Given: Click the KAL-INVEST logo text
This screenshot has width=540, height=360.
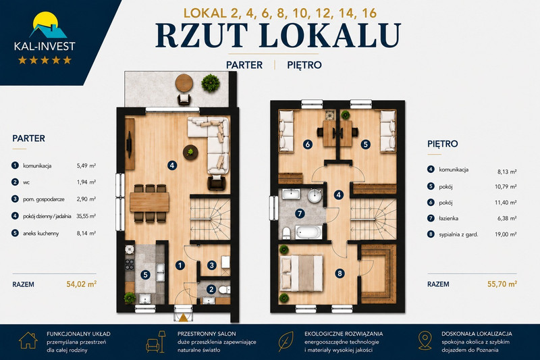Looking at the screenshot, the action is pyautogui.click(x=45, y=46).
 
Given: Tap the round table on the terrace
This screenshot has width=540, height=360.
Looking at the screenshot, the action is pyautogui.click(x=184, y=82).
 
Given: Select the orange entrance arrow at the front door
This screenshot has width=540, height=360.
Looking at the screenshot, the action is pyautogui.click(x=184, y=317).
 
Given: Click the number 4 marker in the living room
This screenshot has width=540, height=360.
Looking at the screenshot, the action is pyautogui.click(x=172, y=165).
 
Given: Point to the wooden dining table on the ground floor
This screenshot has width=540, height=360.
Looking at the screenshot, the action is pyautogui.click(x=149, y=202).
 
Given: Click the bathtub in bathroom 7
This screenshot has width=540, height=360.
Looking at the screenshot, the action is pyautogui.click(x=308, y=232).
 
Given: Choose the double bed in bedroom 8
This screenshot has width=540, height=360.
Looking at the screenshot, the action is pyautogui.click(x=302, y=273).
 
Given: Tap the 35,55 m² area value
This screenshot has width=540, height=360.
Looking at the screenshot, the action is pyautogui.click(x=86, y=216).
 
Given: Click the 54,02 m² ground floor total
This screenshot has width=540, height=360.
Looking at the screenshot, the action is pyautogui.click(x=81, y=284).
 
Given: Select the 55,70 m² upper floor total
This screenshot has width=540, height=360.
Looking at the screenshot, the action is pyautogui.click(x=502, y=284).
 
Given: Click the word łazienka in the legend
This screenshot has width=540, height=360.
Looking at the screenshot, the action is pyautogui.click(x=448, y=218).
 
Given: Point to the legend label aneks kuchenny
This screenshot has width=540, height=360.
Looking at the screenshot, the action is pyautogui.click(x=41, y=233).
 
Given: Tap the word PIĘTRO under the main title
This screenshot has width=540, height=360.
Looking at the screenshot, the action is pyautogui.click(x=304, y=65).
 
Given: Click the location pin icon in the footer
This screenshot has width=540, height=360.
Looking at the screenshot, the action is pyautogui.click(x=425, y=341).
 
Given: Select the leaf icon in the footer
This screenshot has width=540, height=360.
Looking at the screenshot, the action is pyautogui.click(x=286, y=341).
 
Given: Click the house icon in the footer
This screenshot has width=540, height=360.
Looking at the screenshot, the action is pyautogui.click(x=28, y=340).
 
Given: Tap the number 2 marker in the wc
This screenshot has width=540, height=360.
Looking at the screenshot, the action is pyautogui.click(x=211, y=289).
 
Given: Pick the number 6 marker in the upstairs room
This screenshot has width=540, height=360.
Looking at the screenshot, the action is pyautogui.click(x=308, y=145).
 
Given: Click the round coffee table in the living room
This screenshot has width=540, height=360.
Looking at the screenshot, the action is pyautogui.click(x=190, y=152).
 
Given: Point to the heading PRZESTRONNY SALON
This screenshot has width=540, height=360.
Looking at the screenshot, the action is pyautogui.click(x=207, y=334).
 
